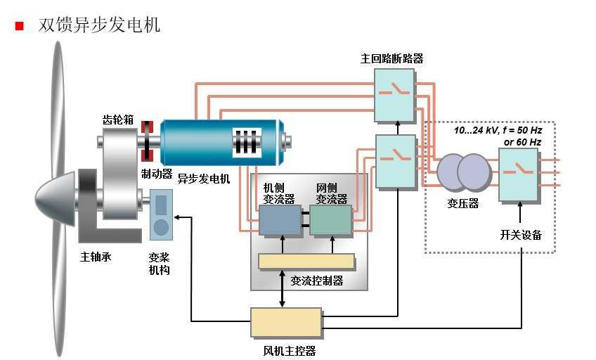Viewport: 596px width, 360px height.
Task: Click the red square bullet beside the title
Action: [19, 26]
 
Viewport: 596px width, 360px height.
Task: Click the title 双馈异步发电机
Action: [100, 25]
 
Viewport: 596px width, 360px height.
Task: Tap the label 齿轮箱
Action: [116, 120]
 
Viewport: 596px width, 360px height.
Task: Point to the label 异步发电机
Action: [203, 179]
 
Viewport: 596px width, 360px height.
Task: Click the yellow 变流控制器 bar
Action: [306, 261]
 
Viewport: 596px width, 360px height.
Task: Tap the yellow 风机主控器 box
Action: [286, 323]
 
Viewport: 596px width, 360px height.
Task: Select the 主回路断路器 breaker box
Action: [394, 96]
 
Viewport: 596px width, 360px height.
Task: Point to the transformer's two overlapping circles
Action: [462, 172]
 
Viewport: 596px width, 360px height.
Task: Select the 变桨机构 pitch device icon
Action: [162, 214]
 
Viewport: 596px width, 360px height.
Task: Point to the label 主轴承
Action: [96, 257]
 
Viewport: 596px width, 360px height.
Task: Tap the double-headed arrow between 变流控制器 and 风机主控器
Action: [283, 288]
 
